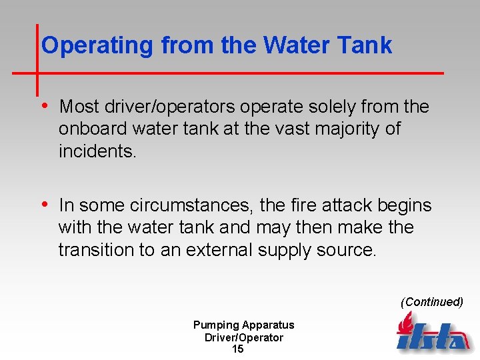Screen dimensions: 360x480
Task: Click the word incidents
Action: (x=97, y=151)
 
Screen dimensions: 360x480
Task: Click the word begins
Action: (x=405, y=205)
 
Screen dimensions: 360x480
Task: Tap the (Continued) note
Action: (x=431, y=302)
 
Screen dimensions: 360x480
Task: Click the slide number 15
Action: (x=237, y=349)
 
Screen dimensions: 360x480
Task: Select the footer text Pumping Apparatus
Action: (x=243, y=325)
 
